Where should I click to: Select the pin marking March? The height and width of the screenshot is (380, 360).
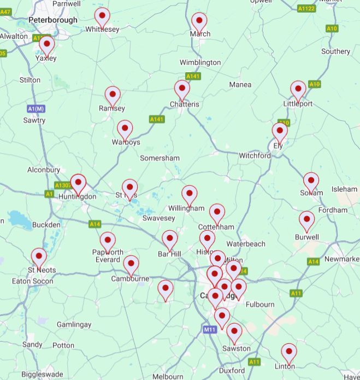(199, 21)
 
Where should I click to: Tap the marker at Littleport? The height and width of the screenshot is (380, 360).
(298, 90)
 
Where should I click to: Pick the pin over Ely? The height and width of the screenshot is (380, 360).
(280, 131)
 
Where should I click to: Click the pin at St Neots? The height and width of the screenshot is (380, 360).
(39, 256)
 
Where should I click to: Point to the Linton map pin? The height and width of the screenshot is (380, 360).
(289, 352)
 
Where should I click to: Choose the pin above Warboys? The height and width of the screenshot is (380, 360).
(125, 130)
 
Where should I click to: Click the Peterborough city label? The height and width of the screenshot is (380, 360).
(53, 20)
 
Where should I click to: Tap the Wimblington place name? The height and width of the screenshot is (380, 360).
(200, 62)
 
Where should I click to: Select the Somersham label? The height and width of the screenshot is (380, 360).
(160, 158)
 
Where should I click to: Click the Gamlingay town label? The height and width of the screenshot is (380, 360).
(74, 324)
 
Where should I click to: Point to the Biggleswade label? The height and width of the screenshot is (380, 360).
(44, 375)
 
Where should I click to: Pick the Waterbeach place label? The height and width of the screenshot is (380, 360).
(246, 243)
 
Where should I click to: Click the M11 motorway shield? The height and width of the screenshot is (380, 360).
(210, 330)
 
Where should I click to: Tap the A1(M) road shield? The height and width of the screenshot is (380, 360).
(36, 109)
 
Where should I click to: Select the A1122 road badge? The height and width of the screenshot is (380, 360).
(306, 8)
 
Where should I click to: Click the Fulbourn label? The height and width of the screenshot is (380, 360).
(260, 305)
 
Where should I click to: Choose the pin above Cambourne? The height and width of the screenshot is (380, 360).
(131, 265)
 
